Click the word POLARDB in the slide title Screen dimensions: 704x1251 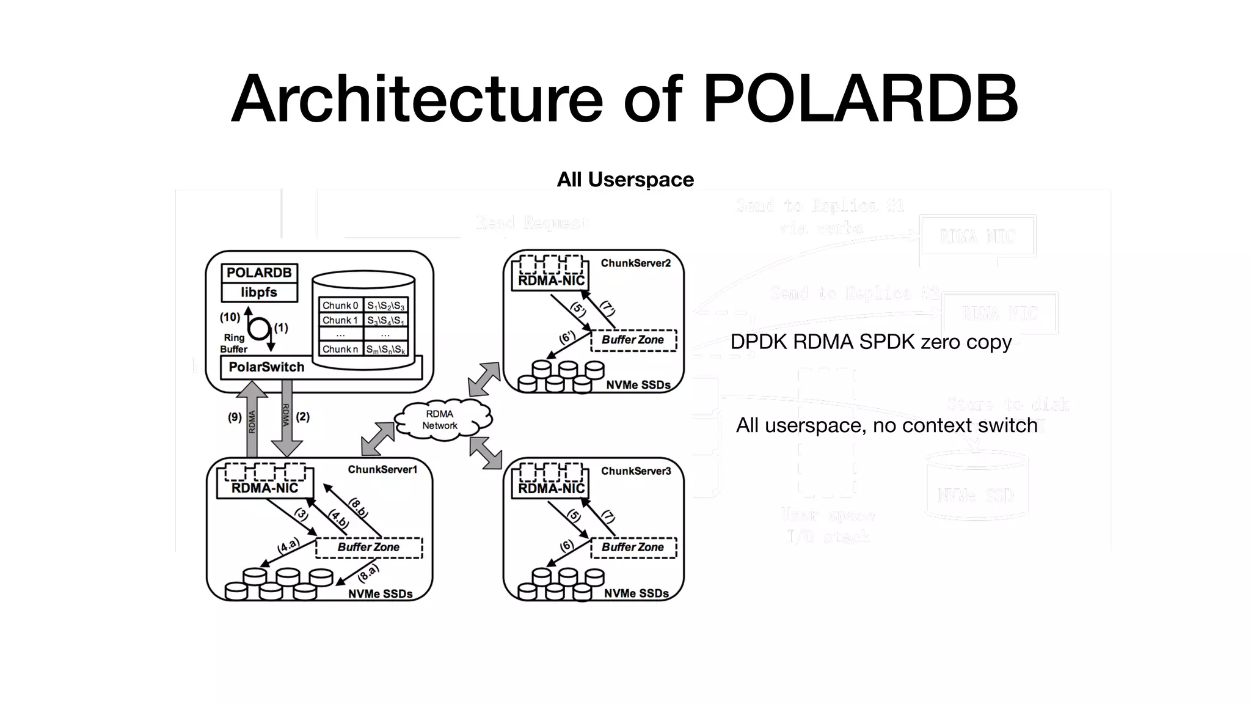coord(860,99)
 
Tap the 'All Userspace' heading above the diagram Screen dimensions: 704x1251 coord(625,180)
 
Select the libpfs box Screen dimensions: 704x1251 coord(259,293)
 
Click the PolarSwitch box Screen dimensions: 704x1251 coord(266,367)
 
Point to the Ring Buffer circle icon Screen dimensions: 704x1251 coord(260,329)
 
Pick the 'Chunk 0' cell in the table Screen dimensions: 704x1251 coord(340,306)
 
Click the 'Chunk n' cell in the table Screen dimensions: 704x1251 coord(340,350)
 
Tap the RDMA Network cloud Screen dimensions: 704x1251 coord(440,420)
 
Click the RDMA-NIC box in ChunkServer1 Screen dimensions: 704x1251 coord(265,488)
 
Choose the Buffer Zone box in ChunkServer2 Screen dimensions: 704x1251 coord(633,340)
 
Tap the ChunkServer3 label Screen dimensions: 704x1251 coord(636,471)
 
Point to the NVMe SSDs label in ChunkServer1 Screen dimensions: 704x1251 coord(380,594)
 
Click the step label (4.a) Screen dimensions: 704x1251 coord(288,546)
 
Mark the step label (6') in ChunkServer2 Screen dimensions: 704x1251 coord(567,337)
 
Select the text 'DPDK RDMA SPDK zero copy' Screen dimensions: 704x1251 coord(870,342)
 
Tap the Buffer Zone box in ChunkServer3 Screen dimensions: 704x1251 coord(633,548)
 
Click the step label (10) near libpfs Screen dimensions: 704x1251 coord(230,317)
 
